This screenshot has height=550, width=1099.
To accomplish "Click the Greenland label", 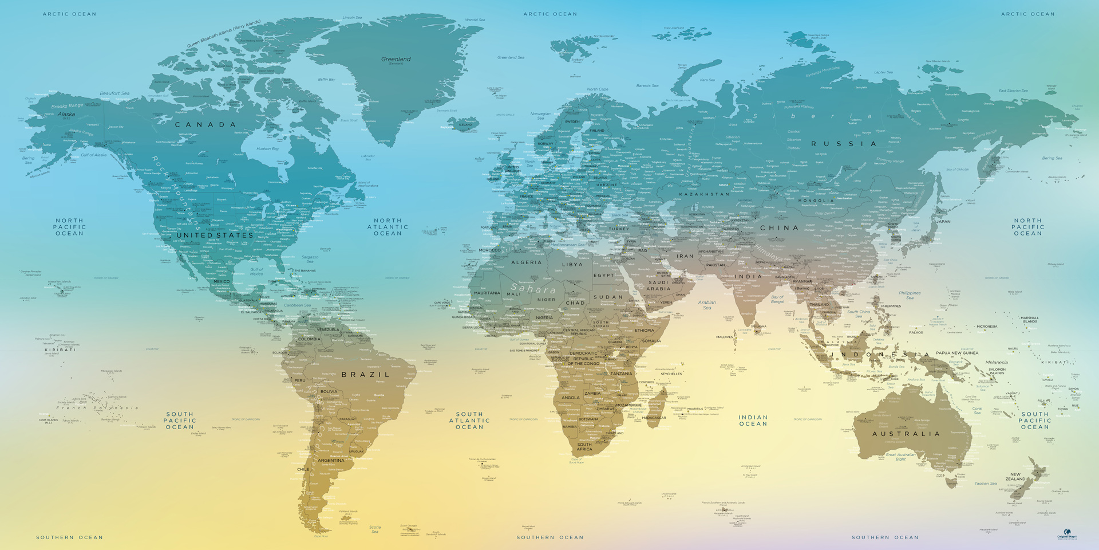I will click(396, 59).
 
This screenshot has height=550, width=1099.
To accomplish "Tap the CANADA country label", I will click(205, 124).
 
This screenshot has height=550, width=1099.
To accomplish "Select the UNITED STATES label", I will click(215, 235).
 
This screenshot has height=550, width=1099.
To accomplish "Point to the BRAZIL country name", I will click(366, 375).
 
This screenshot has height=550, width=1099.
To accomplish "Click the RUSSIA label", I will click(844, 144).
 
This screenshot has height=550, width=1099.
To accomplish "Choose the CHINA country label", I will click(779, 228).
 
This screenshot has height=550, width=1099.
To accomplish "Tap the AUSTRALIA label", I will click(906, 434).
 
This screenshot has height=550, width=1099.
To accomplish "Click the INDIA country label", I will click(748, 277).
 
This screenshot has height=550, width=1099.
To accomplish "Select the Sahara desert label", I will click(532, 289).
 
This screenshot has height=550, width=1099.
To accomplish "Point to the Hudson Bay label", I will click(267, 149).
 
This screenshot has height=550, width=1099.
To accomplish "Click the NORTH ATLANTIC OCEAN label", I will click(388, 227).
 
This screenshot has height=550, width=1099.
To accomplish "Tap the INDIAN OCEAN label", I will click(753, 421).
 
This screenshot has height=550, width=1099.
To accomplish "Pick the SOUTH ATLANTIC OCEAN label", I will click(469, 421).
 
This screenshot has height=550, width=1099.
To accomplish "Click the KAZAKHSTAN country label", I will click(704, 194).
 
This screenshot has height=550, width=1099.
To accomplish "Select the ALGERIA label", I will click(526, 262).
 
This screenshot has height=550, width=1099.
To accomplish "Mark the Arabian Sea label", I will click(707, 305).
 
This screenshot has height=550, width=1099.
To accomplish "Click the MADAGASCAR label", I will click(654, 418).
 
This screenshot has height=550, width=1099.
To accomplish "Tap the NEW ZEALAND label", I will click(1015, 477).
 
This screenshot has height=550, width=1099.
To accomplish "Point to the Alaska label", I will click(66, 115).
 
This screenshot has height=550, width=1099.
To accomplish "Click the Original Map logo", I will click(1067, 534).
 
